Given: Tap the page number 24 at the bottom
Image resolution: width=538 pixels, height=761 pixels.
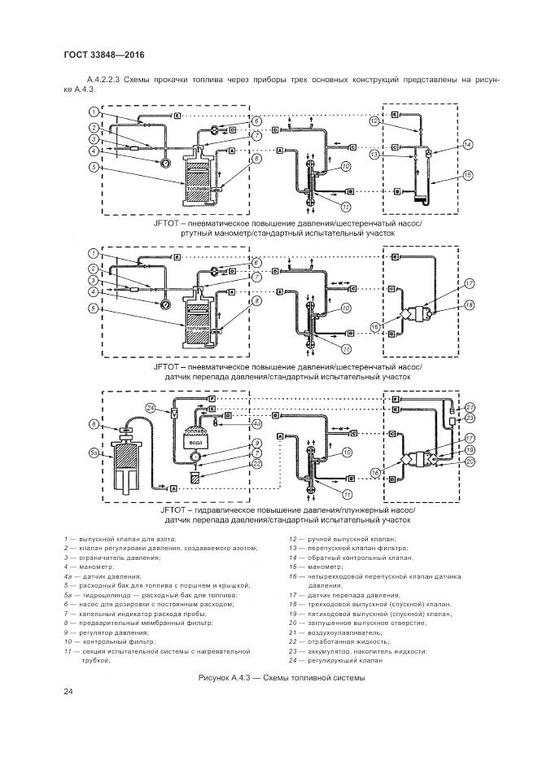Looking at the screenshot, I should click(x=68, y=692).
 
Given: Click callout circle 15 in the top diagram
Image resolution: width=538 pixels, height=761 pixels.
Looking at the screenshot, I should click(x=468, y=175).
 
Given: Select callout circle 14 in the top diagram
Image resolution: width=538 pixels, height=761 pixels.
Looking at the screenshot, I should click(x=467, y=144).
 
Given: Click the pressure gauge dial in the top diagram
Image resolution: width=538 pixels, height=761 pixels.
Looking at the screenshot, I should click(x=166, y=161).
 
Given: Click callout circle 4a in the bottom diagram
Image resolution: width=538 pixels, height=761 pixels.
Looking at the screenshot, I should click(x=256, y=424).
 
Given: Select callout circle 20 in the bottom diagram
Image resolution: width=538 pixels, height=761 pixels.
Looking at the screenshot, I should click(x=470, y=462).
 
